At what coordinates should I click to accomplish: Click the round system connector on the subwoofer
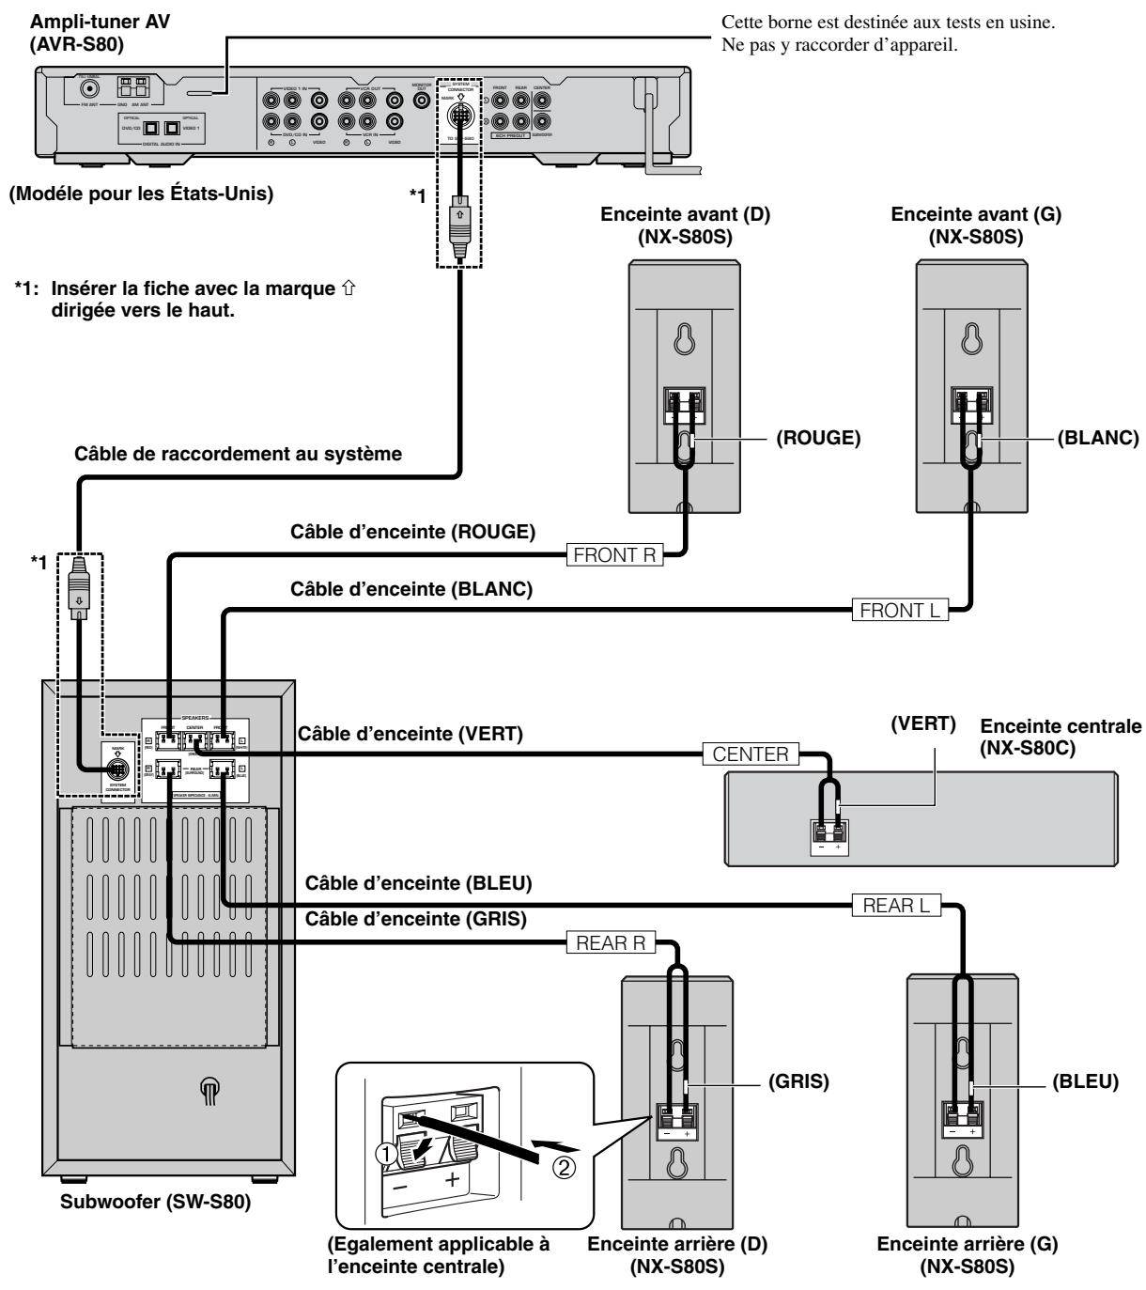pos(119,763)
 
